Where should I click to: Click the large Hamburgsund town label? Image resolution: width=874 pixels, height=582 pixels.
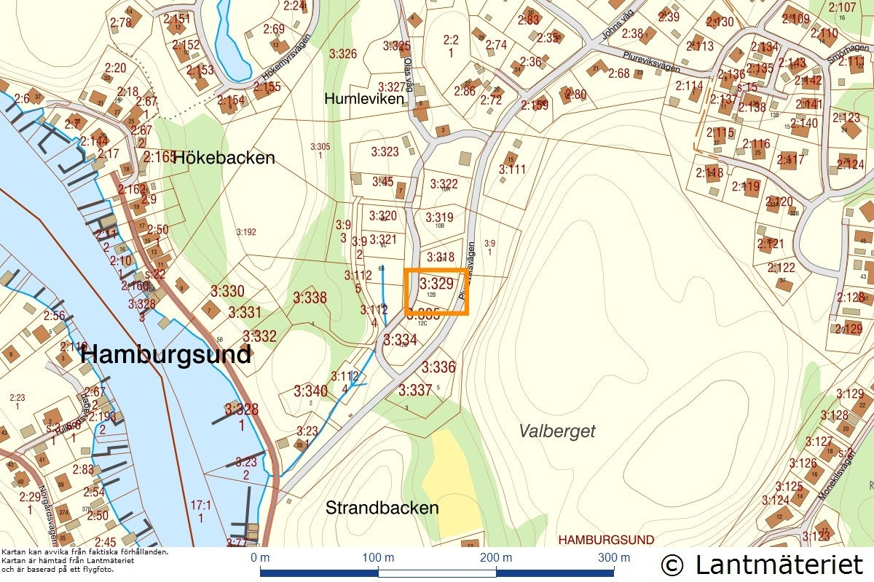tap(166, 355)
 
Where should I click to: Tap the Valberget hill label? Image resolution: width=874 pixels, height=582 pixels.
tap(557, 431)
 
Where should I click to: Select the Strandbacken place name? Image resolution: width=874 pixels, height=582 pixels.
tap(382, 507)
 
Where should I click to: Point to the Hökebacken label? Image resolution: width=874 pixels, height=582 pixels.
tap(224, 157)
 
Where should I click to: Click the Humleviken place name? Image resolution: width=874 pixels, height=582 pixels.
tap(364, 98)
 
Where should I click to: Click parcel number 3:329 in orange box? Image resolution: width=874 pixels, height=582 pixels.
tap(437, 284)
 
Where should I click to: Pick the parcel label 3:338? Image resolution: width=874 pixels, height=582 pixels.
tap(310, 298)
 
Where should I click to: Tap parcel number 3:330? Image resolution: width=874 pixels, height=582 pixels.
tap(227, 292)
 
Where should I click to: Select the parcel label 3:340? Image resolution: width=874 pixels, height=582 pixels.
tap(310, 391)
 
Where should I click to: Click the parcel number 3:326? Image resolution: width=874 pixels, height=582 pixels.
tap(343, 53)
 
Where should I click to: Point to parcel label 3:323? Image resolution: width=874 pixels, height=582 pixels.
tap(385, 152)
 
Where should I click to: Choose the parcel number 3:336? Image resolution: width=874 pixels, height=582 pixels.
tap(438, 367)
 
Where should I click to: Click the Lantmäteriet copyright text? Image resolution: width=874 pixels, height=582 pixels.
tap(762, 564)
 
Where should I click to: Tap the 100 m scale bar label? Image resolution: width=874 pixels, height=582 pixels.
tap(379, 558)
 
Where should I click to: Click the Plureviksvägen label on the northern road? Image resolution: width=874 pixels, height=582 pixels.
tap(652, 62)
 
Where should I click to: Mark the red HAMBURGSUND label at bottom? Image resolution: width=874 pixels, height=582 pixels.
tap(606, 540)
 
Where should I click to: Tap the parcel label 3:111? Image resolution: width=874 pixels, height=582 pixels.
tap(512, 170)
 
